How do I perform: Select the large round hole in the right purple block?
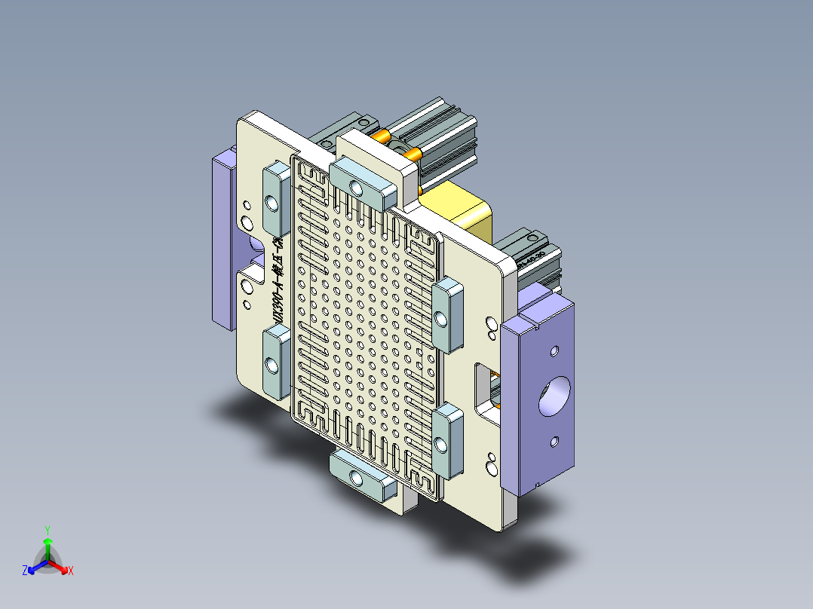click(x=556, y=396)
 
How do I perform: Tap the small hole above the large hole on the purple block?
click(x=555, y=351)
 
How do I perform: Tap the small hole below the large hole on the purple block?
click(x=554, y=439)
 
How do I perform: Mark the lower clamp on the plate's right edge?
click(x=448, y=440)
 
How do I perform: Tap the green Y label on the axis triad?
click(x=47, y=530)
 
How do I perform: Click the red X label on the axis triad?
click(x=71, y=571)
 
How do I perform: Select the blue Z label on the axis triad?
click(x=25, y=571)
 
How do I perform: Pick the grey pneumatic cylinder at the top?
click(x=437, y=139)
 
